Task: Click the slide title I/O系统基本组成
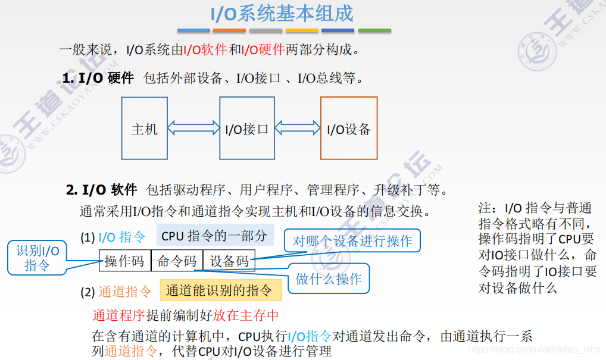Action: pos(283,13)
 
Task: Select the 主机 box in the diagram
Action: pos(145,128)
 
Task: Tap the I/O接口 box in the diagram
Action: pos(246,128)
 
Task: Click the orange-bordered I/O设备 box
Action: pos(349,128)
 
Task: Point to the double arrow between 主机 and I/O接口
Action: pos(193,128)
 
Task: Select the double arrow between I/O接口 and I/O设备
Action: pos(298,128)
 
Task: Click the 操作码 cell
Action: pos(124,261)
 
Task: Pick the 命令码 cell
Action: pos(177,261)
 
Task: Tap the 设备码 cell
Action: pos(229,261)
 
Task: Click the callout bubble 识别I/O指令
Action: pos(37,258)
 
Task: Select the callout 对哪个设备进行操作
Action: pos(352,241)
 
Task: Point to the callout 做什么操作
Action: pos(329,278)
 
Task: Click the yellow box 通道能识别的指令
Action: pos(220,290)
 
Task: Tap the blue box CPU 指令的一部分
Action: pos(214,236)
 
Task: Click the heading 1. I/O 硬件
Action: pos(98,77)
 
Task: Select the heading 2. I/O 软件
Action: pos(101,190)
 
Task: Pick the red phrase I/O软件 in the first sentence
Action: pos(205,49)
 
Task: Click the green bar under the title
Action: pos(374,30)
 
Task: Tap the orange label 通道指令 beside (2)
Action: pos(125,292)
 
